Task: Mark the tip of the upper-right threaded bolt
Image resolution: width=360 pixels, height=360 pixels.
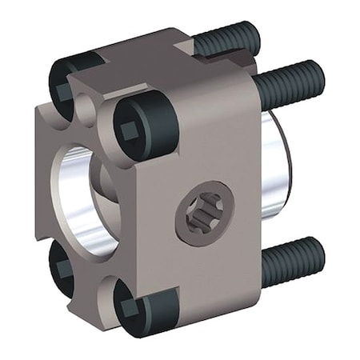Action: click(x=319, y=76)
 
